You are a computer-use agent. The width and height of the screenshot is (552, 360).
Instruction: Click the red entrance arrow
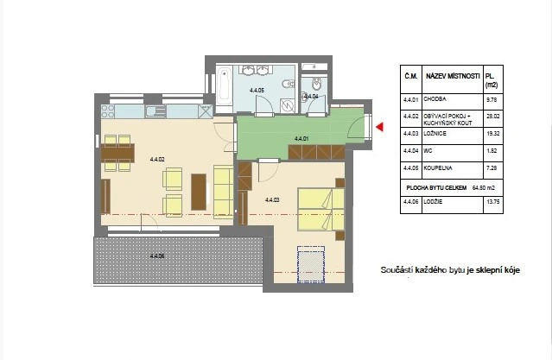tap(378, 128)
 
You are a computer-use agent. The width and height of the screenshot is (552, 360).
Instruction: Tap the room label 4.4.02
tap(157, 159)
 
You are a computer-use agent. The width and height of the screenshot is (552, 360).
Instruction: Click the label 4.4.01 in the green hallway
tap(301, 138)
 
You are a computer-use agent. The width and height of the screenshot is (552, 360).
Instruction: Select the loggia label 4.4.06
tap(157, 256)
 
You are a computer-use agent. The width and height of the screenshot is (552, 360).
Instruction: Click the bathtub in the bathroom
tap(224, 88)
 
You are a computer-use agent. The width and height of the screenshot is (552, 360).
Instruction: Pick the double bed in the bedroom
tap(320, 210)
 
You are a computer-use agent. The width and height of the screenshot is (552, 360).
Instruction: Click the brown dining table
tap(117, 154)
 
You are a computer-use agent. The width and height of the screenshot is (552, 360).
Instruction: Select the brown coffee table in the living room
tap(200, 192)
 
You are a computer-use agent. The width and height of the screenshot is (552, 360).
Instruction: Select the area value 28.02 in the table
tap(492, 116)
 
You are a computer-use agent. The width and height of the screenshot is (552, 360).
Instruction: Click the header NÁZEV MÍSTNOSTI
tap(452, 76)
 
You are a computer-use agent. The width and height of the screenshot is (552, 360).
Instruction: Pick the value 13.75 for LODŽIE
tap(492, 201)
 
